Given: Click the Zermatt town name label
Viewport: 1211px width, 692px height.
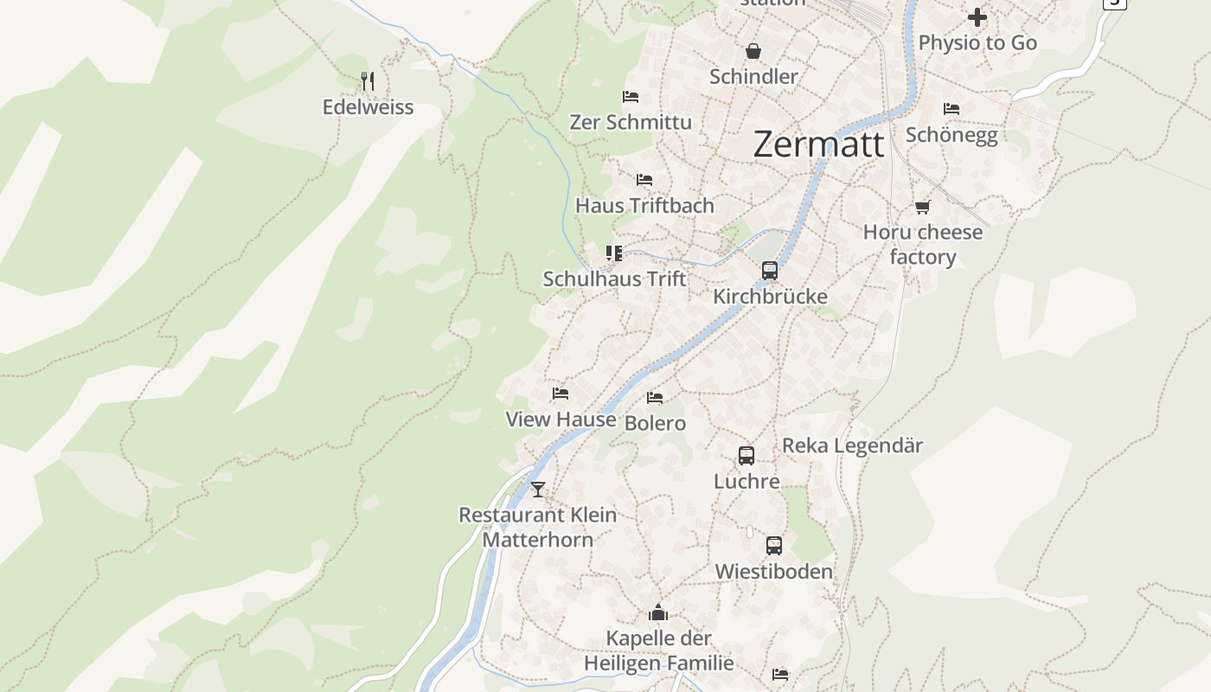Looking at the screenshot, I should coord(818,144).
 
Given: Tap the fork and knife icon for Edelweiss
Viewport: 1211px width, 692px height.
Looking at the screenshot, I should coord(368,81).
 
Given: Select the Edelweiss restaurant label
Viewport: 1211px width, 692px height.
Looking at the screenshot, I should coord(368,107).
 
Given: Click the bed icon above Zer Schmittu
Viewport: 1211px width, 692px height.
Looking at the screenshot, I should coord(631,96).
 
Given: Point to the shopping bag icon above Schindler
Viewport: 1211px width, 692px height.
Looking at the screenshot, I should coord(753,52).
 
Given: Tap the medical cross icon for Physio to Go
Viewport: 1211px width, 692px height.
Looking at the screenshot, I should coord(977,17).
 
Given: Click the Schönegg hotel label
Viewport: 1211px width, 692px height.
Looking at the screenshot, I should coord(951,135).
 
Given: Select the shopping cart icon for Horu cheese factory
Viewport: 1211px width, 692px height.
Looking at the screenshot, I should coord(922,208).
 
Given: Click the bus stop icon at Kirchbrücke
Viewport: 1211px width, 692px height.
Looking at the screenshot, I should coord(770,271).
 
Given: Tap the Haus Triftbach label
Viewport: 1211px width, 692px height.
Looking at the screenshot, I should coord(644,205).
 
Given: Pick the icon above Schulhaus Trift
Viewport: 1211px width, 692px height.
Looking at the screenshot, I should coord(614,253).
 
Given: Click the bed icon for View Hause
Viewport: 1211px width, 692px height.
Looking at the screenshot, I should coord(561,394).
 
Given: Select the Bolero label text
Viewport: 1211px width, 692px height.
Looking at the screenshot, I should coord(655,423).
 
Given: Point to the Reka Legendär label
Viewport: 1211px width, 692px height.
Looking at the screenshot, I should coord(852,445).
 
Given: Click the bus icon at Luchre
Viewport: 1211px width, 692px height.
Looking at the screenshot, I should coord(746,456).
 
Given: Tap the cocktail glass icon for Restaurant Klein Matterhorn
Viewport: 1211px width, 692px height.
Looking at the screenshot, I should coord(538,490).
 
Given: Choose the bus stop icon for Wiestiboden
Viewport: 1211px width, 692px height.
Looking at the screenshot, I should coord(774,546).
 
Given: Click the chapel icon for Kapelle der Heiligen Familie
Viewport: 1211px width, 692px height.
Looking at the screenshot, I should coord(658,613).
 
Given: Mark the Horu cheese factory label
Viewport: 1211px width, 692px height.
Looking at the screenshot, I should coord(923,245).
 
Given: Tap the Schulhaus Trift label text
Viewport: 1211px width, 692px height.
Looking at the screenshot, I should coord(614,279).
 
